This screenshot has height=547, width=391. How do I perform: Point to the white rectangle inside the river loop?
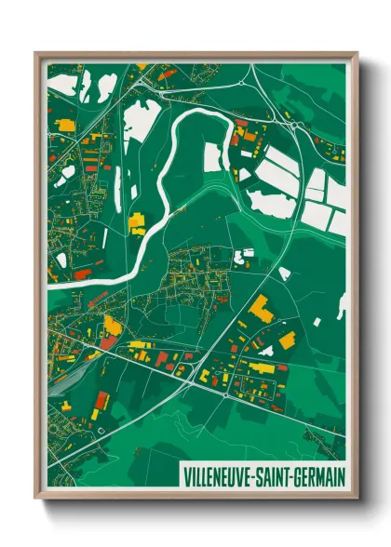tap(213, 158)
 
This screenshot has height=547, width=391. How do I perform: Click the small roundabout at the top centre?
tap(243, 82)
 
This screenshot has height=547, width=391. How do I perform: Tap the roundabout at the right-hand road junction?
tap(294, 125)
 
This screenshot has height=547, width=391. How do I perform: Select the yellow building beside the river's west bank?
tap(137, 223)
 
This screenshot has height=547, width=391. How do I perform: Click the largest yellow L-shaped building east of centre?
tap(261, 310)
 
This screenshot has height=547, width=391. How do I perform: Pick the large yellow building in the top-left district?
tap(67, 124)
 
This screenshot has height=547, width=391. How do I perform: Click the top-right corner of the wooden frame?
tap(357, 53)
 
